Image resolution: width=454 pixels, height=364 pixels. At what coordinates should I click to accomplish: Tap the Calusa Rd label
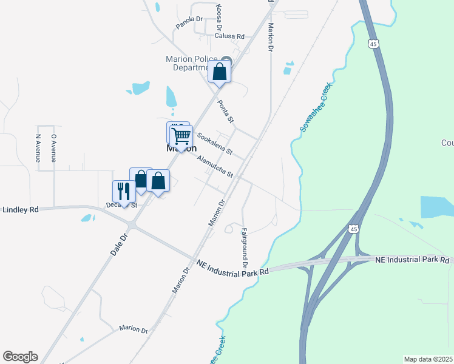[x=229, y=36]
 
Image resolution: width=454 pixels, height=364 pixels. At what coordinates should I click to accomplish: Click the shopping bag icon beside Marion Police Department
[x=220, y=72]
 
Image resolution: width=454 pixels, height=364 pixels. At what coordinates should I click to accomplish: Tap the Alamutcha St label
[x=215, y=166]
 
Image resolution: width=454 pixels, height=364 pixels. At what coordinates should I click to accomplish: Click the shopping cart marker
[x=181, y=136]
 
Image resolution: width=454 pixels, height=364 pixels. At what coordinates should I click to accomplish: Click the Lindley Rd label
[x=21, y=209]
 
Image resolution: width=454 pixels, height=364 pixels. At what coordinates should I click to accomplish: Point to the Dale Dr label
[x=121, y=243]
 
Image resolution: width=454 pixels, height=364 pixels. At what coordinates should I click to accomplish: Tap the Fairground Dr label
[x=244, y=248]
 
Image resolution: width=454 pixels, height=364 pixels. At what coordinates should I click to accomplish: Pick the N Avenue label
[x=38, y=147]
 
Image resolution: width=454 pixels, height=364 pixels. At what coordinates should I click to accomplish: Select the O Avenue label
[x=53, y=147]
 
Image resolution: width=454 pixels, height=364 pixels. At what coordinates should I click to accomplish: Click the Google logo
[x=20, y=357]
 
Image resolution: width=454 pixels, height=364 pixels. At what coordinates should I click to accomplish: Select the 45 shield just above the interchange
[x=353, y=229]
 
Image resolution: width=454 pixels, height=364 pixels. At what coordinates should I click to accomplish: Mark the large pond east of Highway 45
[x=437, y=206]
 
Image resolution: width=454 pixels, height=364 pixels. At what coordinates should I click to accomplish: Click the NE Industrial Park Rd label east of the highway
[x=412, y=260]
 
